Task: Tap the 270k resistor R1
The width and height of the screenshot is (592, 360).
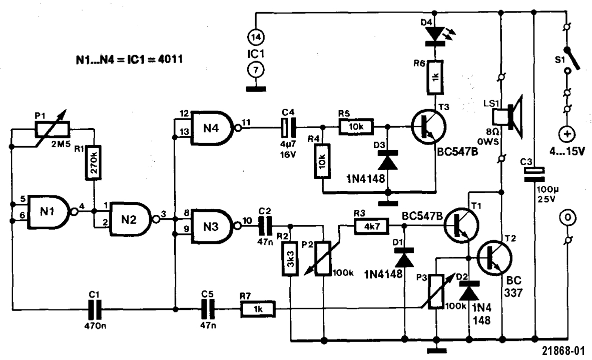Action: [x=94, y=161]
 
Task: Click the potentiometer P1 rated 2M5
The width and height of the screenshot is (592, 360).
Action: [x=53, y=130]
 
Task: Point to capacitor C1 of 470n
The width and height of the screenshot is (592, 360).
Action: [x=95, y=311]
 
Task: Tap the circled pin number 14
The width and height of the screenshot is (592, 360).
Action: [x=256, y=37]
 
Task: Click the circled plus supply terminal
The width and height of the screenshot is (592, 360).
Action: [x=567, y=134]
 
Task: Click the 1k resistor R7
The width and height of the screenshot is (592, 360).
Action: [x=257, y=310]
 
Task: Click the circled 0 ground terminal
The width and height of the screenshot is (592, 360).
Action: [x=567, y=218]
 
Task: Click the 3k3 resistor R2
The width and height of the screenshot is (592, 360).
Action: [x=290, y=259]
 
